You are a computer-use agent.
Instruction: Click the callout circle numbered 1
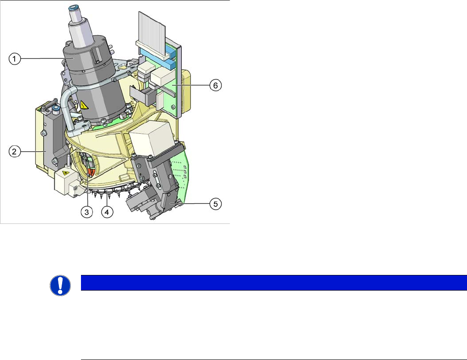14,58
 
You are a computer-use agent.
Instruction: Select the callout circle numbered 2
14,152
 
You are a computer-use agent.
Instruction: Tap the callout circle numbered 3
86,212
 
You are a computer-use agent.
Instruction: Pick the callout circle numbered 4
107,212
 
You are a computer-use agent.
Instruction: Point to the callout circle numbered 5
216,204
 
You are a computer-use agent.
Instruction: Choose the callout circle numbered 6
216,86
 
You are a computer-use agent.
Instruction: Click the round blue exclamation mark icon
60,286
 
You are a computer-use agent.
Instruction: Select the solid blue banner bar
274,283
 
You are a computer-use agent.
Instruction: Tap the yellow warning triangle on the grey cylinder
83,105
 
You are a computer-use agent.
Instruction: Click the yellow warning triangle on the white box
65,173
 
